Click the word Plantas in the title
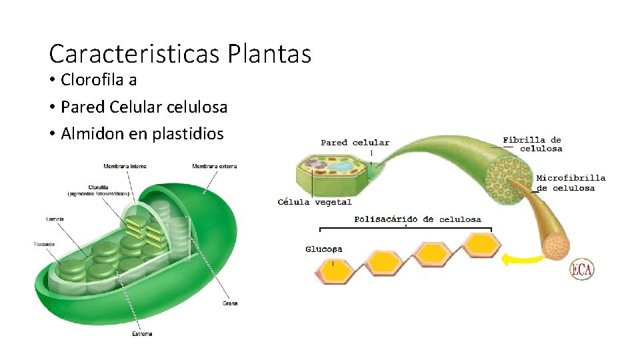tap(269, 53)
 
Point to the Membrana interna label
tap(125, 166)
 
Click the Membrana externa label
tap(215, 166)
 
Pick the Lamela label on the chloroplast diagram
tap(55, 219)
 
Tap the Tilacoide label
tap(45, 245)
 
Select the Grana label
tap(229, 303)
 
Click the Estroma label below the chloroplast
tap(142, 333)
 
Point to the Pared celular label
tap(355, 143)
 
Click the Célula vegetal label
tap(315, 202)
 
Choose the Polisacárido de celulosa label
tap(418, 219)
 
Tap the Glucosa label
tap(324, 249)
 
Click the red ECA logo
tap(581, 269)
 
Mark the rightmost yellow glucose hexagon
tap(481, 245)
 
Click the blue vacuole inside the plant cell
tap(345, 165)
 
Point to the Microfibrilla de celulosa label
tap(571, 183)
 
